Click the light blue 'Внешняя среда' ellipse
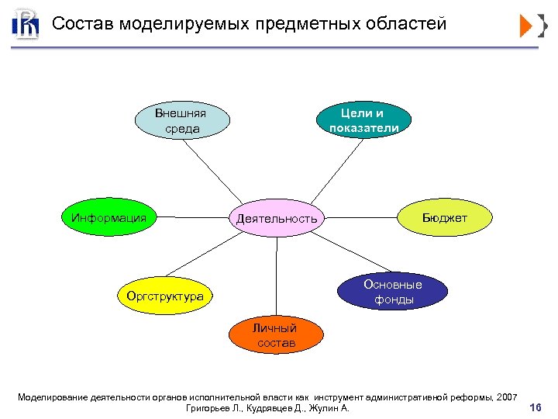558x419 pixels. click(182, 121)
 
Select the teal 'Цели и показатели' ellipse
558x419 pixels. click(364, 121)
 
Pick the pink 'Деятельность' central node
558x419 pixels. click(277, 219)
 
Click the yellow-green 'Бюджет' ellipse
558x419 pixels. click(444, 218)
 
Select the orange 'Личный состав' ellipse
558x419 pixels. click(275, 334)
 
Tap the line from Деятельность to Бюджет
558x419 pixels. click(363, 216)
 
